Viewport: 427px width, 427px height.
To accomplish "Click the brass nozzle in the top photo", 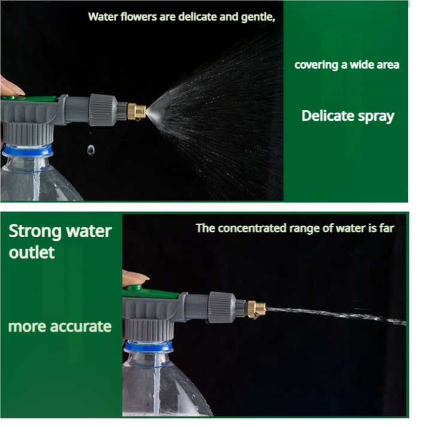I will (137, 111).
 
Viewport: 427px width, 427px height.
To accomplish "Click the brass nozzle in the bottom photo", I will (256, 309).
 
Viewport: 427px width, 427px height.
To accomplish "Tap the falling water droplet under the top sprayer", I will (90, 150).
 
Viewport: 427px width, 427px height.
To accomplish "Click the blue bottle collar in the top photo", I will (27, 150).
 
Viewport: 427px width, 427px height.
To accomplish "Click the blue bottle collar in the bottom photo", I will (148, 346).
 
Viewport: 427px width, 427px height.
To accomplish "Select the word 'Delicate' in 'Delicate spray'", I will (327, 116).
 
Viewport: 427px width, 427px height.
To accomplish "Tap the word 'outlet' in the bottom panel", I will (31, 252).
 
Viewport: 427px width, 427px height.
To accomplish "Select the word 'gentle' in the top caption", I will (258, 17).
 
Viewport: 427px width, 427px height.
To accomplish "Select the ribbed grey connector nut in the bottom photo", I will (222, 307).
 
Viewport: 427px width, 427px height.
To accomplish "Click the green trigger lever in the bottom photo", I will (153, 293).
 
